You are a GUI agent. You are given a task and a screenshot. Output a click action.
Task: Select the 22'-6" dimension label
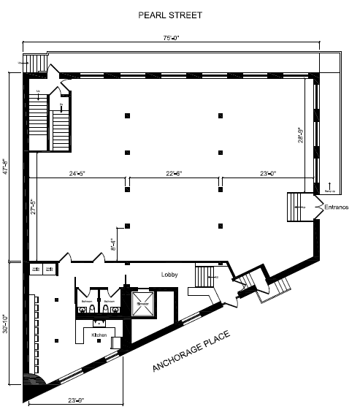coord(174,173)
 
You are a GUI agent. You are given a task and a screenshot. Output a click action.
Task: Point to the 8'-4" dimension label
coord(112,245)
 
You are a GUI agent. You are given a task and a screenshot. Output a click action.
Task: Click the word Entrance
coord(337,208)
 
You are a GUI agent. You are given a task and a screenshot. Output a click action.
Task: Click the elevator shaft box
coord(145,305)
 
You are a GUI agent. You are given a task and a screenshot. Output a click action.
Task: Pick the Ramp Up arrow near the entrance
coord(329,187)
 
